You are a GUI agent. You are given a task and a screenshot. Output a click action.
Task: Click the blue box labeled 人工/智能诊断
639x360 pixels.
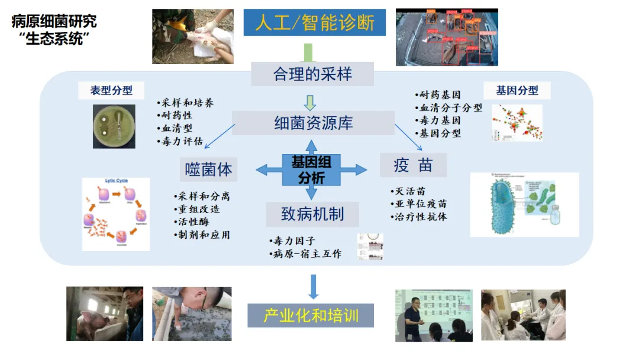click(x=314, y=22)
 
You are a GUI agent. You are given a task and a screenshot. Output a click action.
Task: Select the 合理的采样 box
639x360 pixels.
click(x=312, y=74)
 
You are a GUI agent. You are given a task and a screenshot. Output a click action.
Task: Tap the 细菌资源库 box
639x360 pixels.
click(x=313, y=123)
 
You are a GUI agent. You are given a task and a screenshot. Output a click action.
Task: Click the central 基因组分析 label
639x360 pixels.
click(x=311, y=169)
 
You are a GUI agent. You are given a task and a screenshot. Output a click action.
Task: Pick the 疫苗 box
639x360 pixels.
click(x=413, y=165)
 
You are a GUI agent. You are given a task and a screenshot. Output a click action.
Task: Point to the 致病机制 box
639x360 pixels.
click(x=312, y=214)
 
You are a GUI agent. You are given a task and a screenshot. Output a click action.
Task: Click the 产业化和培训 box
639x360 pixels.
click(x=311, y=314)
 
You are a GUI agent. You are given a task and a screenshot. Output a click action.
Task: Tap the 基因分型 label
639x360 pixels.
click(x=517, y=91)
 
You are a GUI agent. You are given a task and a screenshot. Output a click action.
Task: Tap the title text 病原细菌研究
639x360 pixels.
click(x=54, y=22)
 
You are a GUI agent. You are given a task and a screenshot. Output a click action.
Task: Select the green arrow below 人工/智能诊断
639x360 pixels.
click(x=308, y=52)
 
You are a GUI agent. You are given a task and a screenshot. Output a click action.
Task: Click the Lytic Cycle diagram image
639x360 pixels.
click(x=116, y=213)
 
